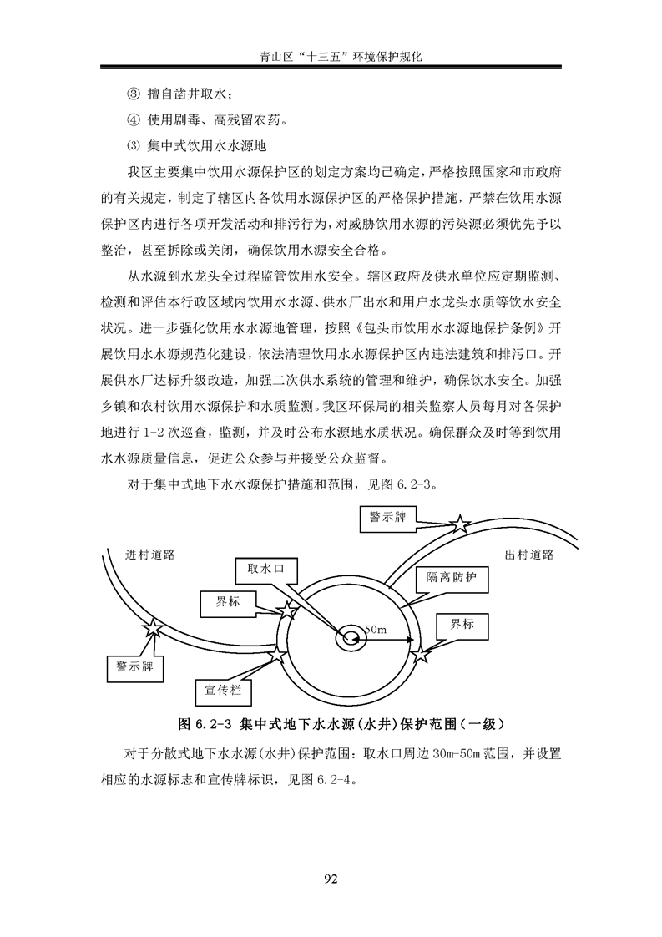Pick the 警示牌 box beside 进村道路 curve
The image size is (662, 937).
click(135, 667)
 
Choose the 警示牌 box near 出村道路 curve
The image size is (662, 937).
click(387, 518)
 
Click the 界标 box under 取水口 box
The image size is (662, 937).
click(228, 603)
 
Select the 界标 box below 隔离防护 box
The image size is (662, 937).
click(462, 626)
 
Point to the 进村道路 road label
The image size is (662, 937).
click(150, 555)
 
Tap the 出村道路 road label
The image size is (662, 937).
click(529, 555)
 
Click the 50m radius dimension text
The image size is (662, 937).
click(376, 629)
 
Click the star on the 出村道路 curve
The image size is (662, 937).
click(460, 524)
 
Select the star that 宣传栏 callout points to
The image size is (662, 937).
click(278, 655)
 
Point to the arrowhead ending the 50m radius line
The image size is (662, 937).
click(409, 639)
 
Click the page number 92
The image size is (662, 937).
click(331, 879)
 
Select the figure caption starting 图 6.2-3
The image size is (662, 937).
click(341, 725)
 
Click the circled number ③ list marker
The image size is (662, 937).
click(133, 94)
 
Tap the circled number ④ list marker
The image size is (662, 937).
click(133, 120)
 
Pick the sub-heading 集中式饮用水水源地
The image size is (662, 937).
click(207, 146)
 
